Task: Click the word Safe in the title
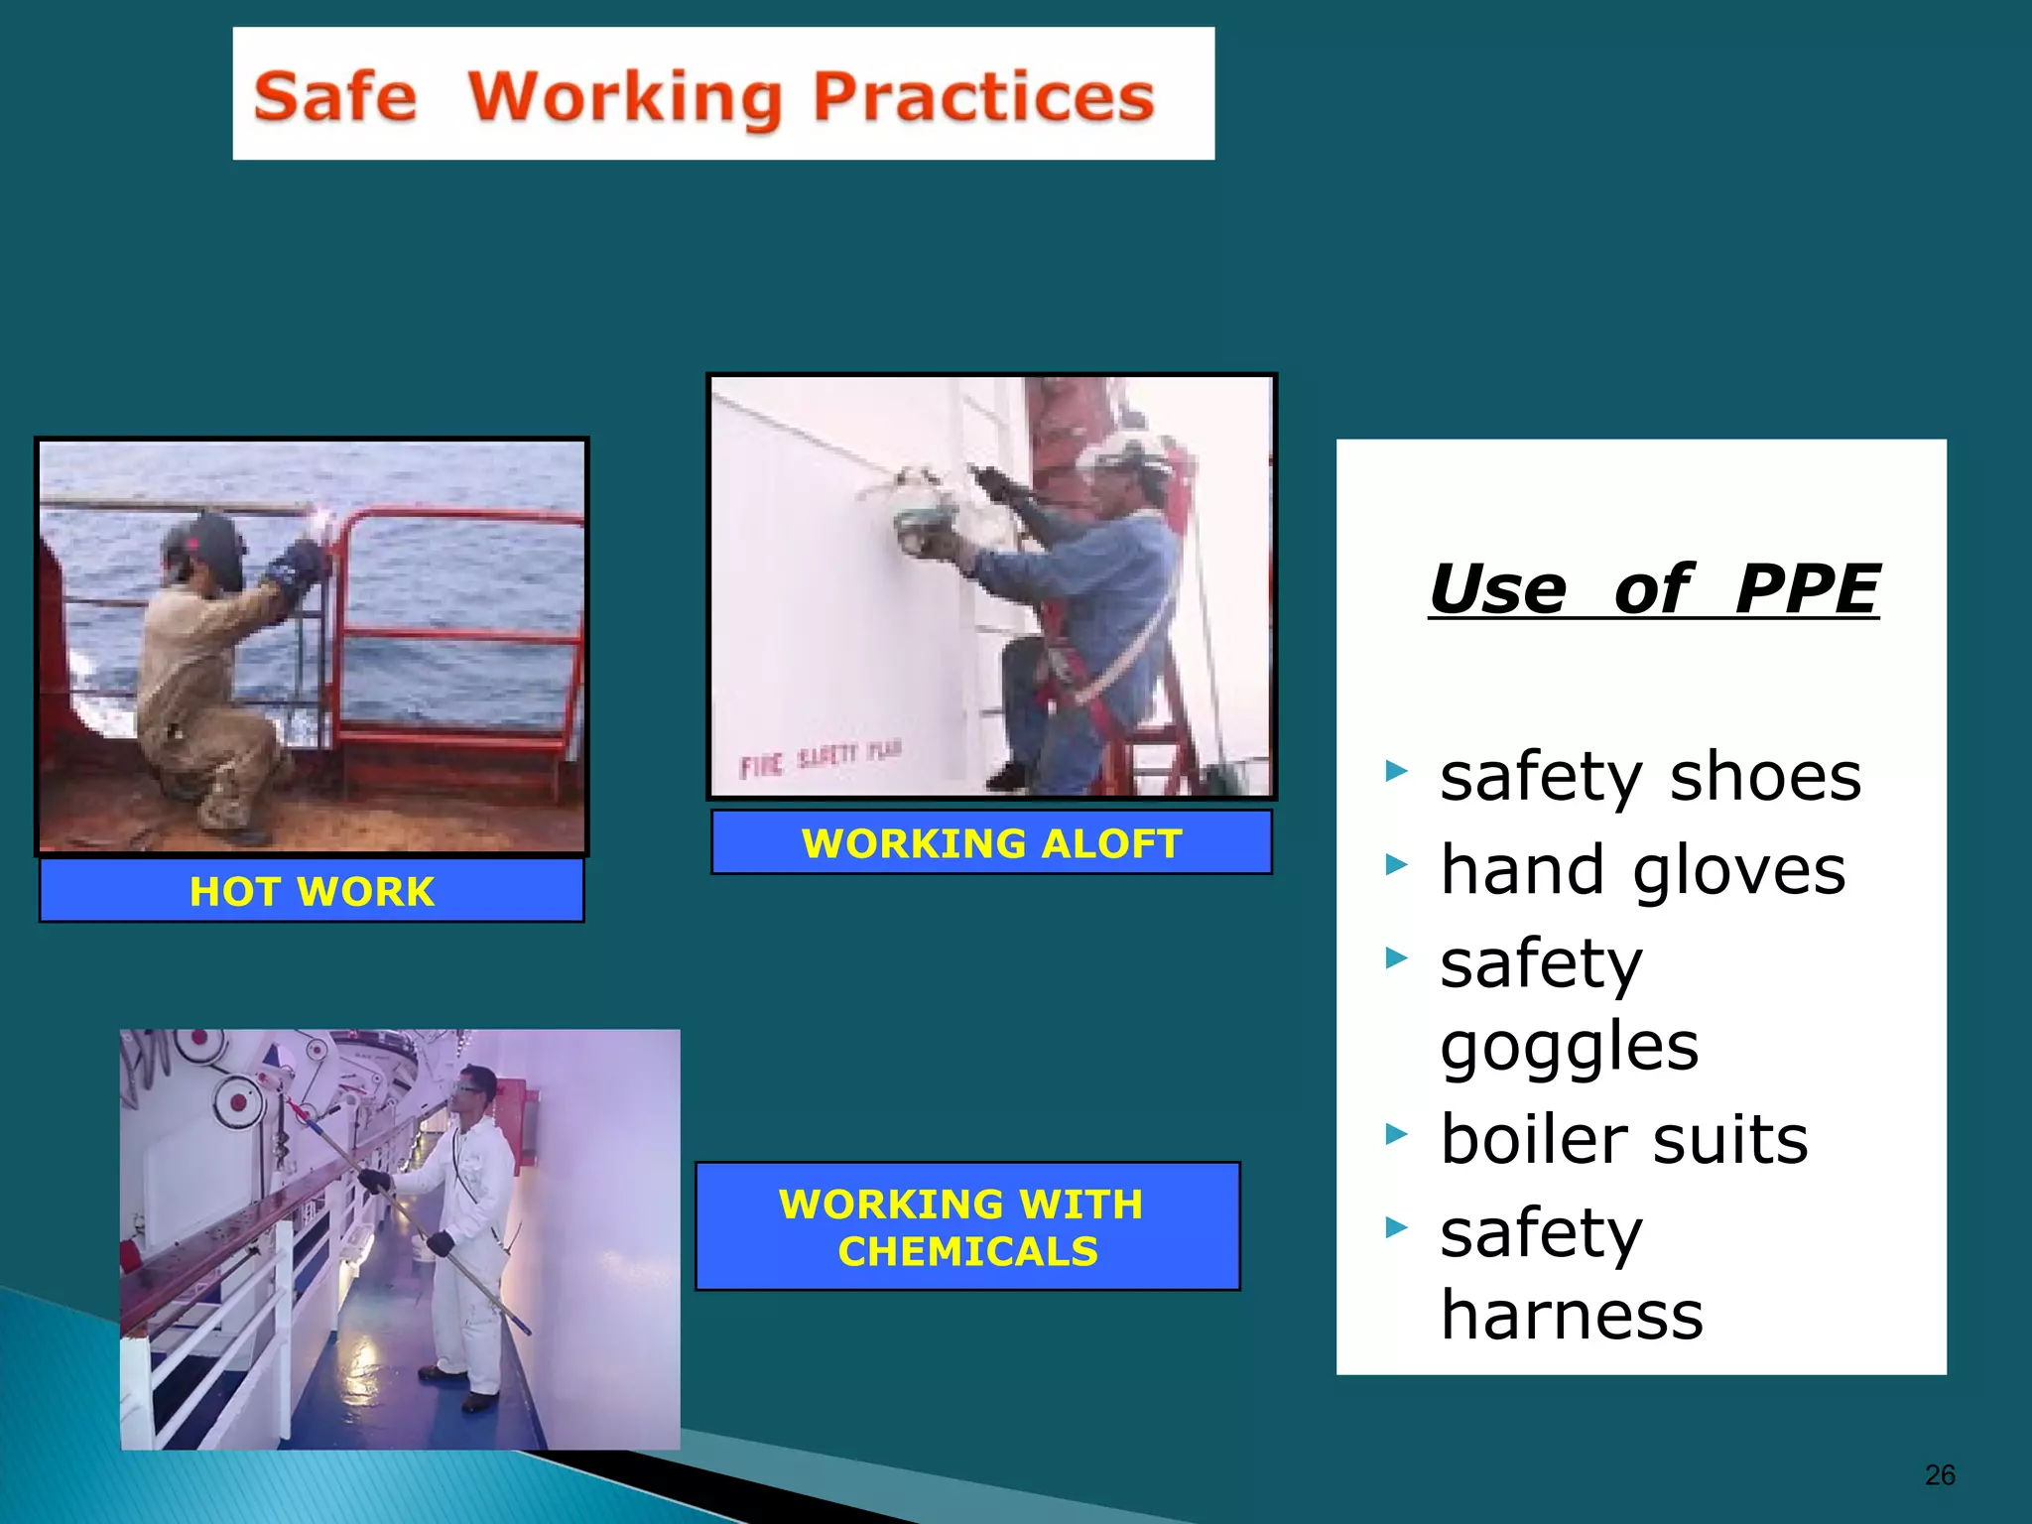[x=335, y=97]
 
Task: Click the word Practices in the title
[x=983, y=97]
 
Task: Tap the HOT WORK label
[x=312, y=891]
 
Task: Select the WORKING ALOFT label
[x=991, y=843]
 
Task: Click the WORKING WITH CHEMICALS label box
[x=967, y=1226]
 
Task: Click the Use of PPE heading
[x=1653, y=589]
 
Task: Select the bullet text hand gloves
[x=1642, y=870]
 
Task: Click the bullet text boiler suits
[x=1624, y=1139]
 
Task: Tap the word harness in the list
[x=1572, y=1314]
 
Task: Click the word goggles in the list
[x=1569, y=1046]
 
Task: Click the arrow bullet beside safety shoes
[x=1397, y=771]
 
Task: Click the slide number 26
[x=1940, y=1475]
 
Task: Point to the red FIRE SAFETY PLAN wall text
[x=820, y=759]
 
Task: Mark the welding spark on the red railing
[x=323, y=516]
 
